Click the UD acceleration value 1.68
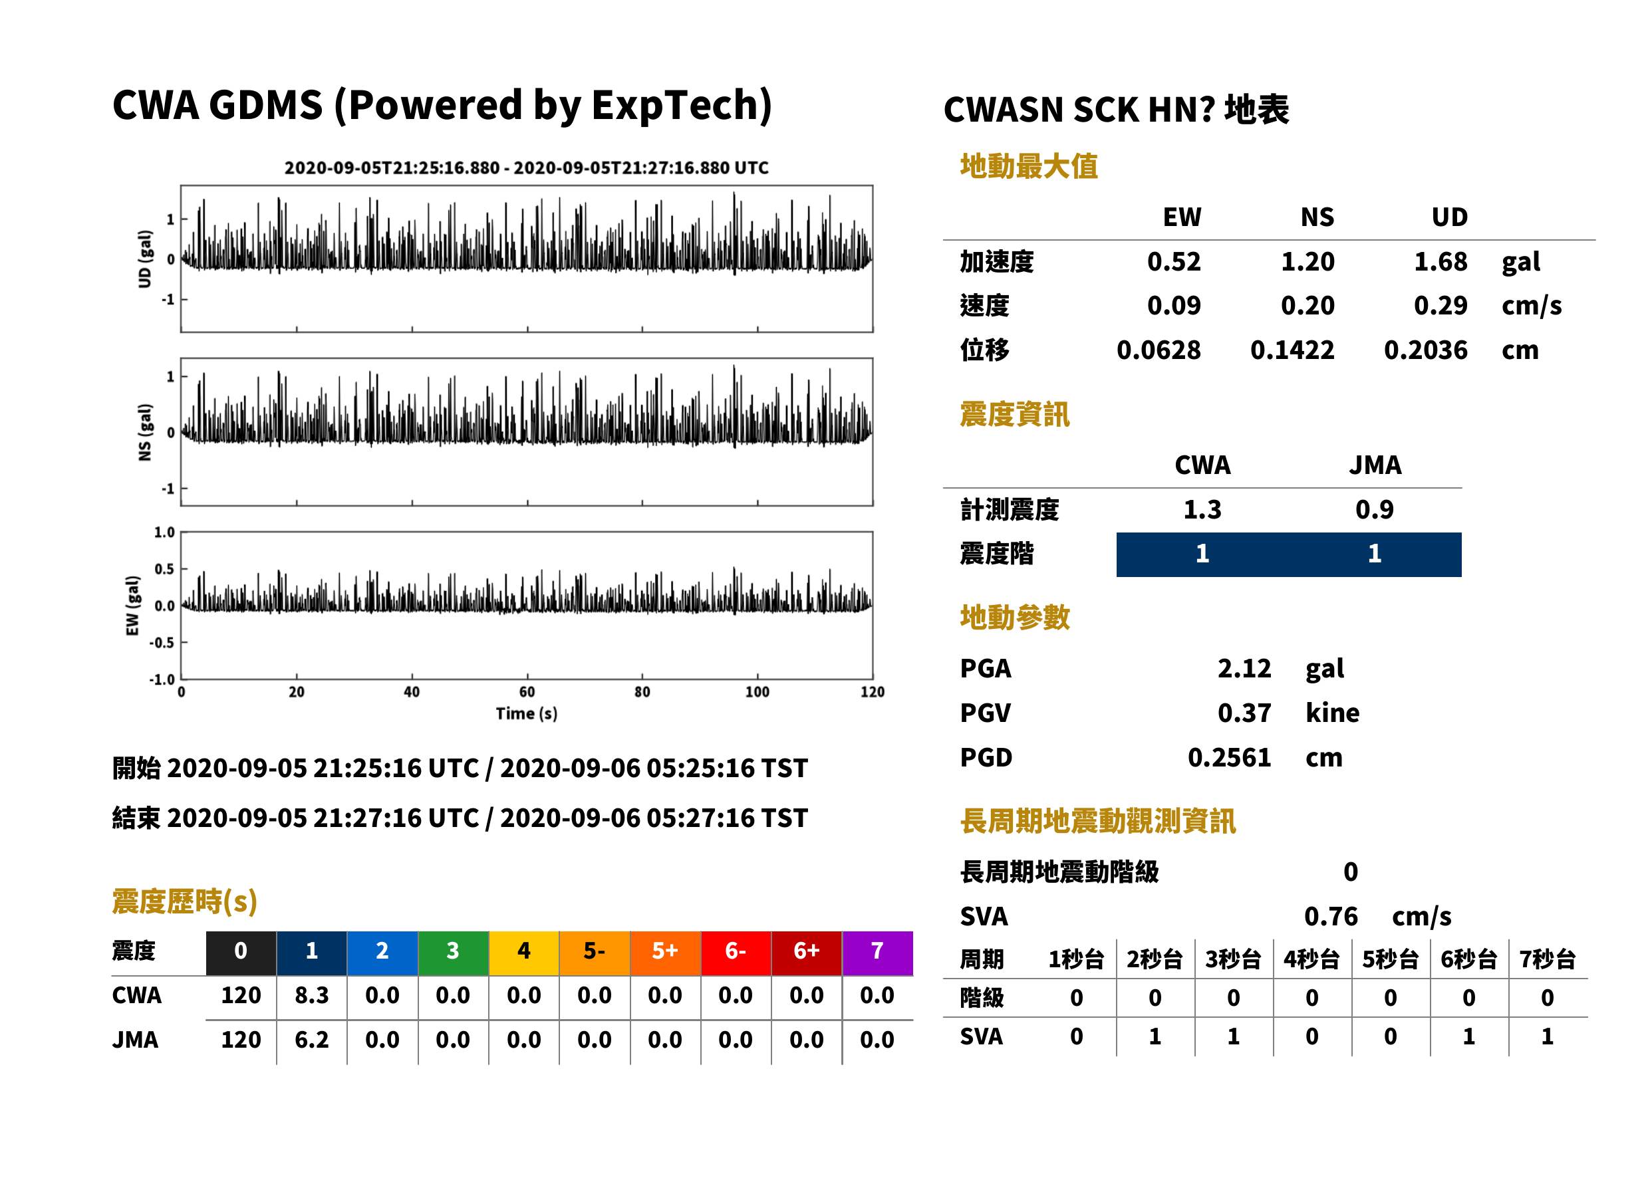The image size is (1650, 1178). coord(1441,261)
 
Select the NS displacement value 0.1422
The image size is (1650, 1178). coord(1292,350)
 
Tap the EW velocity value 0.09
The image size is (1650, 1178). coord(1173,305)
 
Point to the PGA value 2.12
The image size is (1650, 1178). coord(1244,668)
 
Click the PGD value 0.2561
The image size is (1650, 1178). coord(1229,757)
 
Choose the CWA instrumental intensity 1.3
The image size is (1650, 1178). coord(1202,509)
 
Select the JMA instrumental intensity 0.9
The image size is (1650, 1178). coord(1374,509)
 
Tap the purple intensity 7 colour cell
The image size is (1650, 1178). coord(877,953)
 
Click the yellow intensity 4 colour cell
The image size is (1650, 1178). coord(524,953)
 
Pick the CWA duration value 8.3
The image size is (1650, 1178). coord(311,995)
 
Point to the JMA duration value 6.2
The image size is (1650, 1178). coord(311,1040)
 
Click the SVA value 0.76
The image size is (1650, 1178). coord(1331,916)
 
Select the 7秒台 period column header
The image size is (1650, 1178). coord(1547,959)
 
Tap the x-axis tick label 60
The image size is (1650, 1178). coord(527,692)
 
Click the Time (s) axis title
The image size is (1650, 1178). coord(527,714)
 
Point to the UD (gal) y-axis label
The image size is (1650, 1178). coord(145,259)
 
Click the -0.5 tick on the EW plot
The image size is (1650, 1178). coord(162,643)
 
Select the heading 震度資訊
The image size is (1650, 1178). coord(1014,414)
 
